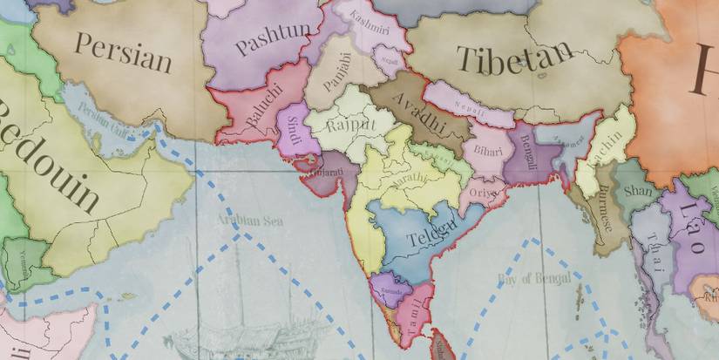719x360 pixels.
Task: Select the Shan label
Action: coord(638,191)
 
